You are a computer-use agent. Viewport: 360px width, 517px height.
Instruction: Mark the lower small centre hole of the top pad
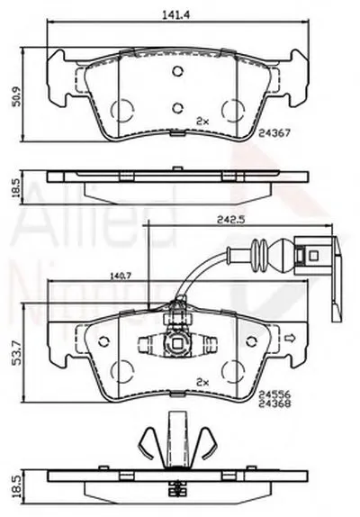[177, 105]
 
